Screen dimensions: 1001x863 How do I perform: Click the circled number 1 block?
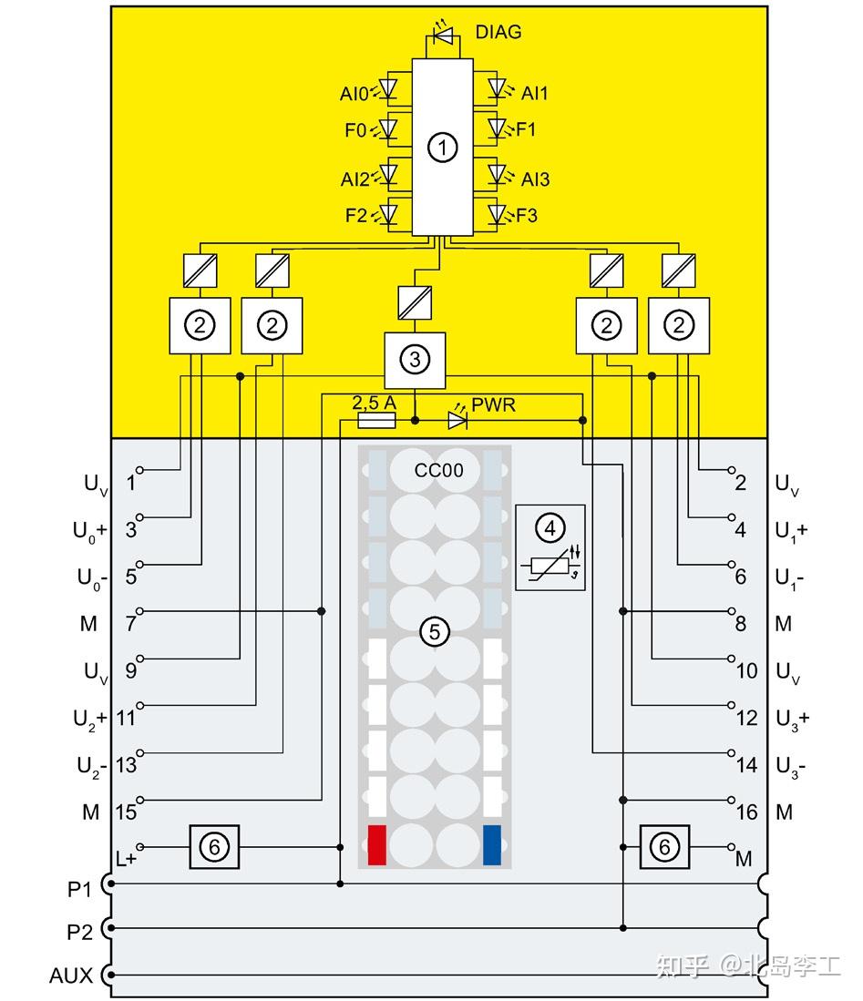point(442,147)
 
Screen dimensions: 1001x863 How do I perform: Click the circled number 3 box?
point(415,360)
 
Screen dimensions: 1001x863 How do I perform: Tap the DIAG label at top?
point(498,32)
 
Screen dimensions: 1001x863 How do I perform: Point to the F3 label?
point(527,216)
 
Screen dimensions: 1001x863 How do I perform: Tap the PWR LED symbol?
point(457,420)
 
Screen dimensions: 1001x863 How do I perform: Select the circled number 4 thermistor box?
point(550,546)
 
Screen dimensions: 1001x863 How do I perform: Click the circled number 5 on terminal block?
point(435,630)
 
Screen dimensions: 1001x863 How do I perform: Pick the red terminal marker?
point(376,844)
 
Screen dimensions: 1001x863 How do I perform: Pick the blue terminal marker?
point(493,844)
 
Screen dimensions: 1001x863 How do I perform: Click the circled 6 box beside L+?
point(214,847)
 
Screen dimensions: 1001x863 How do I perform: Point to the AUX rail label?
point(71,975)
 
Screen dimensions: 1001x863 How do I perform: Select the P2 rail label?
point(80,933)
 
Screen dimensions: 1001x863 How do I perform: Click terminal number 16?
point(746,812)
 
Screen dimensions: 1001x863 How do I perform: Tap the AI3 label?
point(535,179)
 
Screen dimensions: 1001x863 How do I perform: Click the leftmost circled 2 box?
point(200,325)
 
